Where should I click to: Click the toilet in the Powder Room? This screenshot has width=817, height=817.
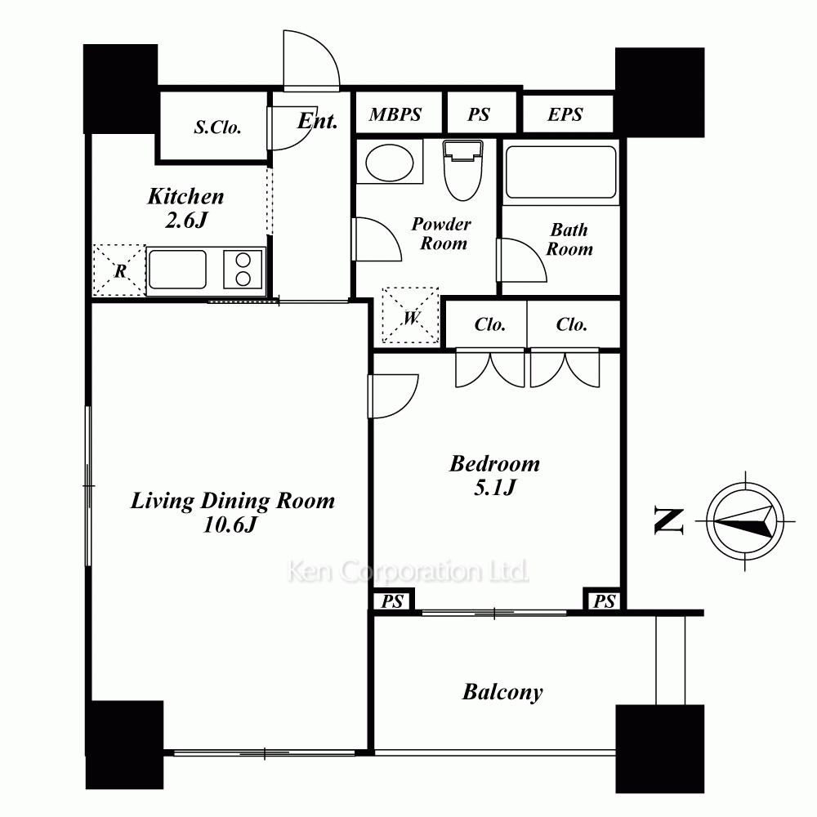point(462,170)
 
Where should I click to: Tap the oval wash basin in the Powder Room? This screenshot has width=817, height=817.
point(389,163)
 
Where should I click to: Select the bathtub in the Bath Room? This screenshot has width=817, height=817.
point(560,172)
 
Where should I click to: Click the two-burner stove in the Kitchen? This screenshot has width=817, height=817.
point(243,269)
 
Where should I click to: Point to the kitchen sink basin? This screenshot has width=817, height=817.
point(177,269)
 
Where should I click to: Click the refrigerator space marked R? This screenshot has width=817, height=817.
point(119,270)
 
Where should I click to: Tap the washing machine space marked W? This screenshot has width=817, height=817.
point(411,315)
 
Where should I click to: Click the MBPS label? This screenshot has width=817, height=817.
point(395,114)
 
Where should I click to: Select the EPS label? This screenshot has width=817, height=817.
point(565,114)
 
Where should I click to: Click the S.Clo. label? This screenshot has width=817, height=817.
point(218,127)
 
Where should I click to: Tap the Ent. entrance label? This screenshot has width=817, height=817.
point(317,121)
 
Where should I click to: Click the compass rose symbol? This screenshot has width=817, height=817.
point(745,521)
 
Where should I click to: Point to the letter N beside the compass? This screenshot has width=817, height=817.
point(668,521)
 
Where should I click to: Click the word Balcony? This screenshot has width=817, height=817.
point(502,693)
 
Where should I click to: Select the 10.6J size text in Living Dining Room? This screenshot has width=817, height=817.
point(230,525)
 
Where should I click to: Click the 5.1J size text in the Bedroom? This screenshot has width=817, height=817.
point(494,487)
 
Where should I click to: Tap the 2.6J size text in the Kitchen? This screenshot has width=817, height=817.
point(186,220)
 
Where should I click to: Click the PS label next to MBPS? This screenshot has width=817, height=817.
point(478,114)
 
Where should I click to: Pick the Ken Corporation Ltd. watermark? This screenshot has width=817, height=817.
point(408,572)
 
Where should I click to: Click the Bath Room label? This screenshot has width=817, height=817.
point(569,239)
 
